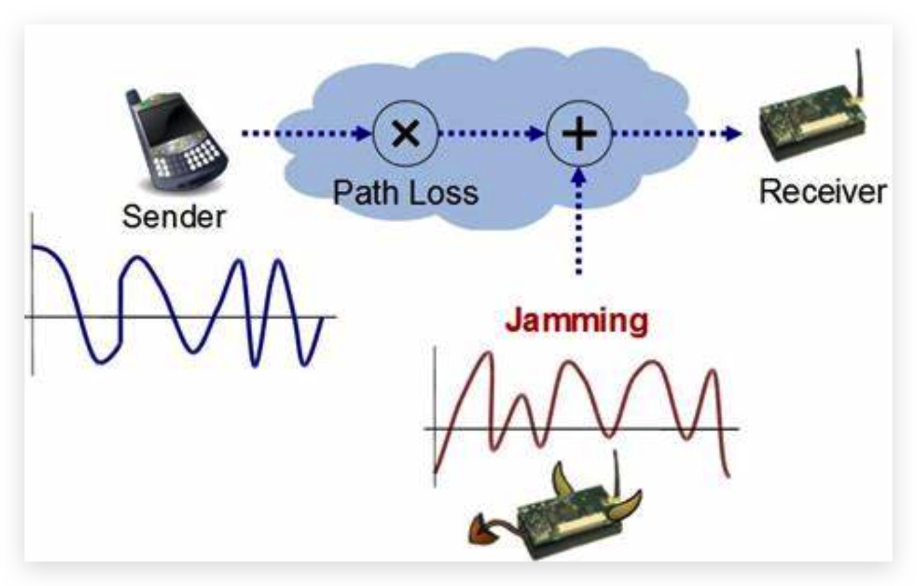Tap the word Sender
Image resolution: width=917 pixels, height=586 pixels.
click(x=174, y=217)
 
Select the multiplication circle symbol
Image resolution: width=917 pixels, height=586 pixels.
click(x=405, y=133)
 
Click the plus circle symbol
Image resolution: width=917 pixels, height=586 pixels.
click(x=578, y=133)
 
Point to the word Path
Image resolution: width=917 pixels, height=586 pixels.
click(x=365, y=193)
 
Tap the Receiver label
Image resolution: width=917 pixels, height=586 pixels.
click(x=822, y=191)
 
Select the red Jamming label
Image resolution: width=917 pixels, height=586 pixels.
click(x=576, y=321)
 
